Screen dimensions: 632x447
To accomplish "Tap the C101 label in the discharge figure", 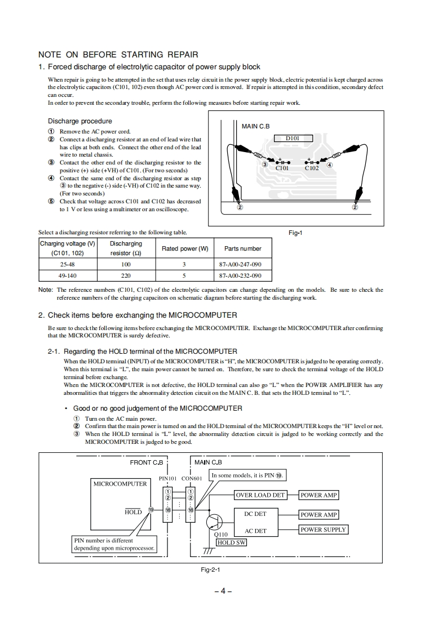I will click(x=282, y=168).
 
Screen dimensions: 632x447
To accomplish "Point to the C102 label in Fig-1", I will click(x=312, y=168).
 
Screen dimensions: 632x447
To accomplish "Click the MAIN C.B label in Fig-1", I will click(x=256, y=126).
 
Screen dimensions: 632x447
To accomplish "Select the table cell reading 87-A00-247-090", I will click(x=240, y=264).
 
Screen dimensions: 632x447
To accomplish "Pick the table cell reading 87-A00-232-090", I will click(x=240, y=276).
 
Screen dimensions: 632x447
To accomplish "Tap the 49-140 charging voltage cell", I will click(x=68, y=276).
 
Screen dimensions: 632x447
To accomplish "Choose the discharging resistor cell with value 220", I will click(x=126, y=276).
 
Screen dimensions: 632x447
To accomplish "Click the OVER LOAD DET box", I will click(x=260, y=495).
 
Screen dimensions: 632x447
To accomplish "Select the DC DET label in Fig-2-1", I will click(x=255, y=514).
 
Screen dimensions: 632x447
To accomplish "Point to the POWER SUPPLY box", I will click(x=324, y=529).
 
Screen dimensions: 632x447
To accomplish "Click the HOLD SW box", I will click(x=232, y=542).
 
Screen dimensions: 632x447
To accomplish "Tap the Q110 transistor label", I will click(x=221, y=535).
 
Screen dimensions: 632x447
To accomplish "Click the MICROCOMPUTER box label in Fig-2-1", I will click(x=120, y=483).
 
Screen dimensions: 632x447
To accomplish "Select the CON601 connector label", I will click(x=192, y=478).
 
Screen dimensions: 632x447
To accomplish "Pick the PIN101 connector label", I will click(x=168, y=478).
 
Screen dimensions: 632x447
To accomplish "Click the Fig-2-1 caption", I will click(x=210, y=569).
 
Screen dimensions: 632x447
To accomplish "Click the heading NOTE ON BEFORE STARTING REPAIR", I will click(x=118, y=55).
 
